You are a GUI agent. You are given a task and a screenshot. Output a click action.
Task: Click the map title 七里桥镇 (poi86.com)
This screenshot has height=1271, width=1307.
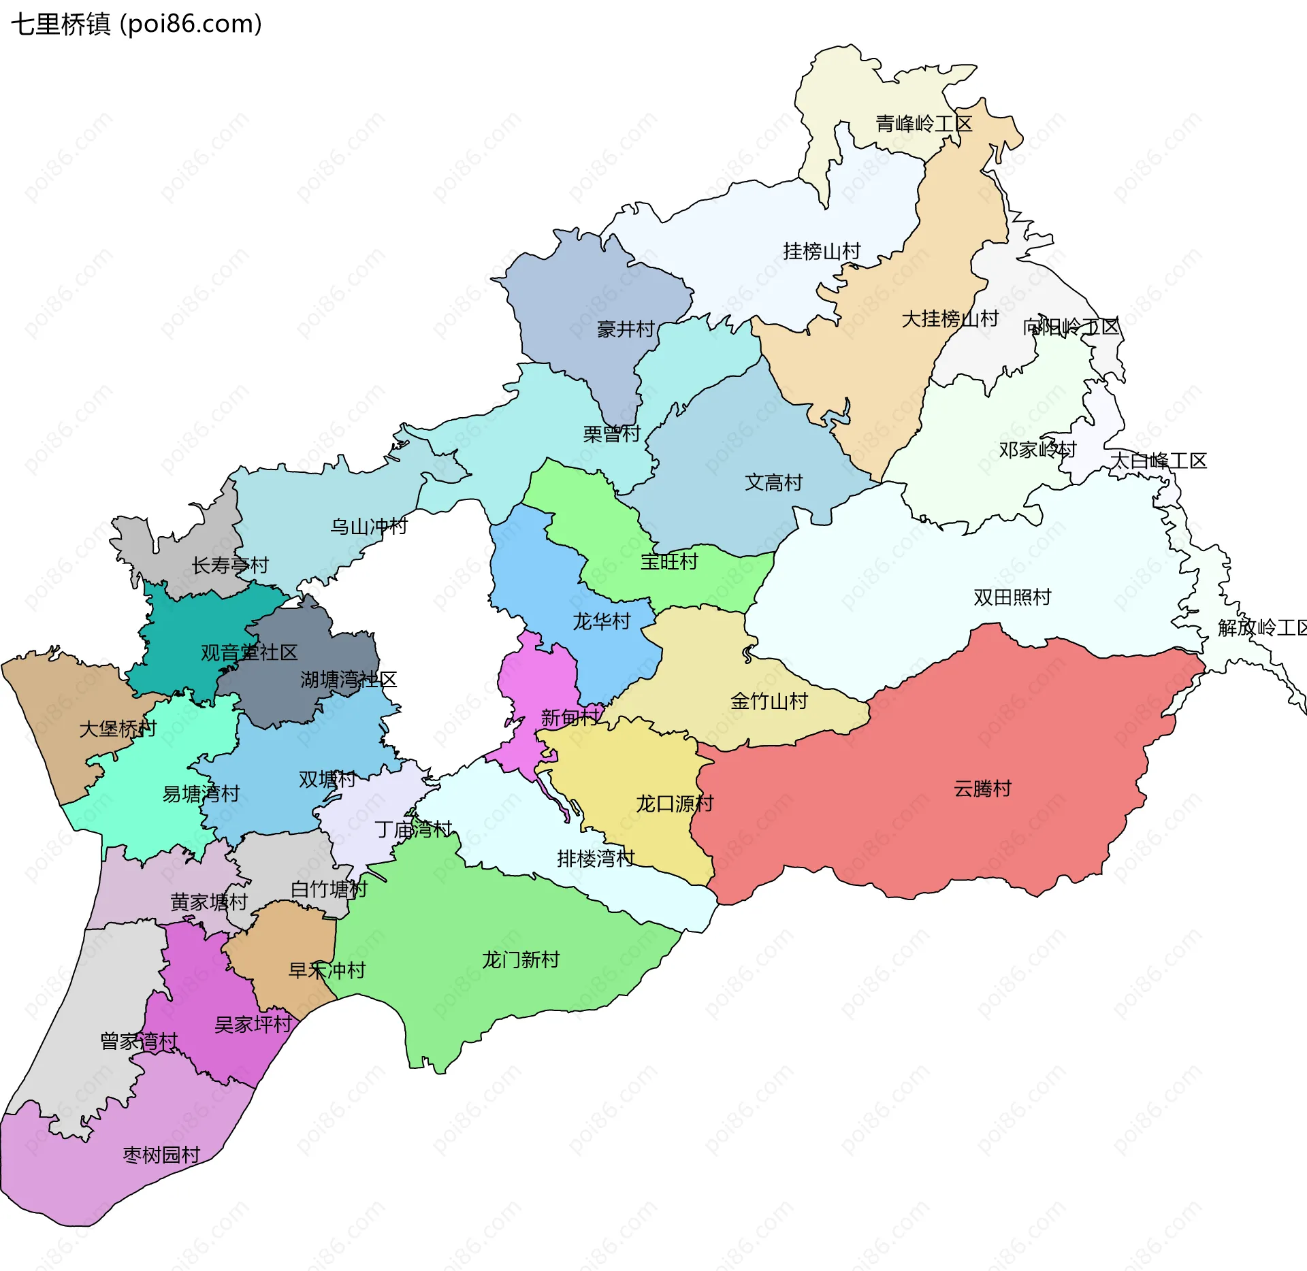(136, 24)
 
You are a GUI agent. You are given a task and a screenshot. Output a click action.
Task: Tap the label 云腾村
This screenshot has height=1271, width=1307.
(982, 789)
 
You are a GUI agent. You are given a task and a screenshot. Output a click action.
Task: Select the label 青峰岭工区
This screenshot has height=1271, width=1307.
(924, 124)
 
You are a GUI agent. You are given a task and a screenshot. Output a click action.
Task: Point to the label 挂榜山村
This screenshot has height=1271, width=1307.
(822, 251)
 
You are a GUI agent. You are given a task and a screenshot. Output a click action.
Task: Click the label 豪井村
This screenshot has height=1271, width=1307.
(626, 329)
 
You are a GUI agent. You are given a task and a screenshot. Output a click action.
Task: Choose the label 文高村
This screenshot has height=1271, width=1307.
(773, 482)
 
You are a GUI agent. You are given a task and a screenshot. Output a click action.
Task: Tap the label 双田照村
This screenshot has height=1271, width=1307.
(1012, 597)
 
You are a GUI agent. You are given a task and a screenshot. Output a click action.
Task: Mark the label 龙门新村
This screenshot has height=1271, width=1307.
(521, 959)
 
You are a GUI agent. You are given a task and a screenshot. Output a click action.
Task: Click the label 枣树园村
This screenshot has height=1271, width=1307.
(161, 1155)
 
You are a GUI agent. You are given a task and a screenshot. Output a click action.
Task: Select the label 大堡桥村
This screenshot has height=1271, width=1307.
(118, 729)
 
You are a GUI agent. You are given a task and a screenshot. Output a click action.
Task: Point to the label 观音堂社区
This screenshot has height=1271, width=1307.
(249, 653)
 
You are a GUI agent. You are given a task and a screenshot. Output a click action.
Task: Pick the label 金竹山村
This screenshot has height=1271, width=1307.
(769, 701)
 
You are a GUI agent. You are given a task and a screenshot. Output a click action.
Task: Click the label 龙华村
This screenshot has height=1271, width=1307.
(601, 621)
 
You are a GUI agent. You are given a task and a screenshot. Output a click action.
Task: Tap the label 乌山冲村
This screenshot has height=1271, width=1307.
(368, 526)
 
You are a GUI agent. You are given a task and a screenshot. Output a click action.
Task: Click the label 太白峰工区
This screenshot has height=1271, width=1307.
(1158, 461)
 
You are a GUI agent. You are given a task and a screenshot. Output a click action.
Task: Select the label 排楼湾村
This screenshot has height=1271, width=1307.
(596, 858)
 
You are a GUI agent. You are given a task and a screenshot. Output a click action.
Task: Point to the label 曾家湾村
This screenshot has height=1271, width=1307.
(139, 1041)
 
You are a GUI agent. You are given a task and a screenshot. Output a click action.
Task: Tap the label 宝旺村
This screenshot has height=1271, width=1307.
(669, 561)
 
